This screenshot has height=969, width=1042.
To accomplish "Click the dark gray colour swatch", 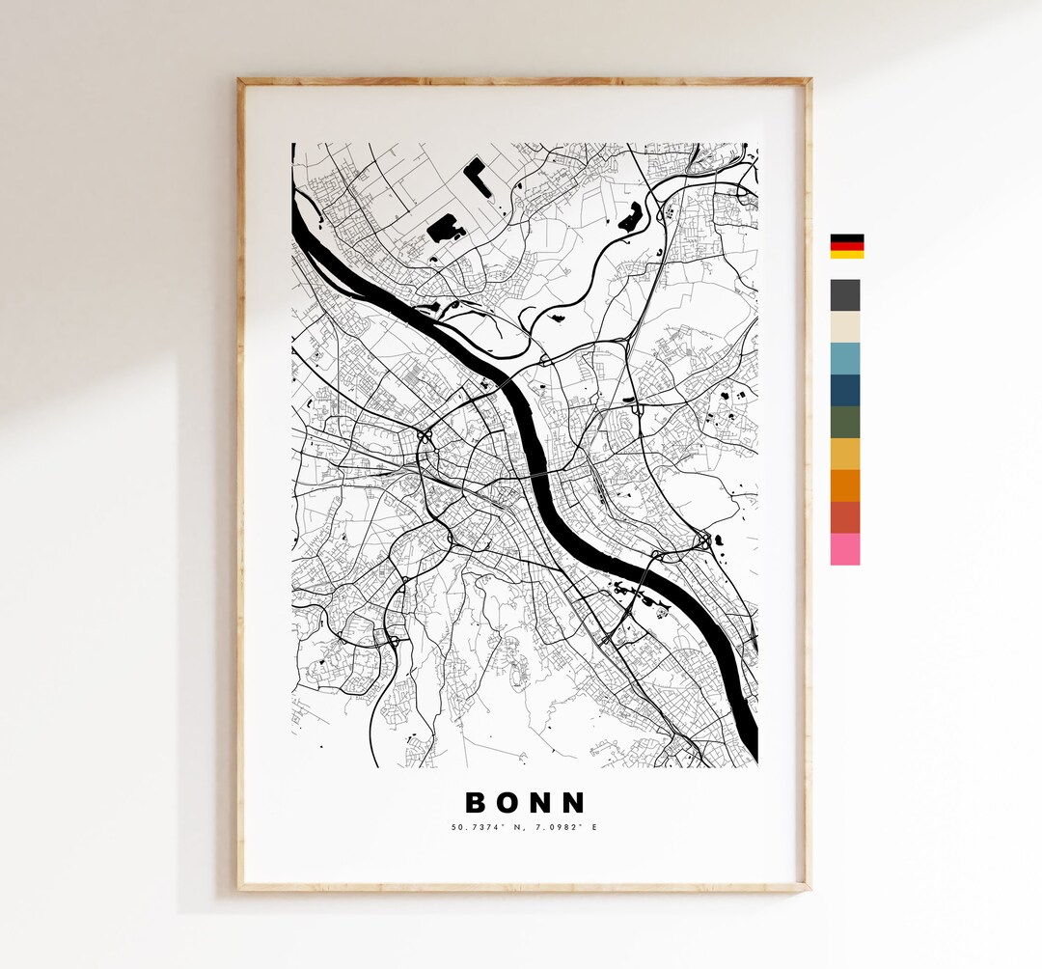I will pos(845,294).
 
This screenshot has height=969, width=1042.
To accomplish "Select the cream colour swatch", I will pos(845,326).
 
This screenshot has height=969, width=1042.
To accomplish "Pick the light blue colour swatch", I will pos(845,358).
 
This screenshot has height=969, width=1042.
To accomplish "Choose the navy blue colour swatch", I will pos(845,390).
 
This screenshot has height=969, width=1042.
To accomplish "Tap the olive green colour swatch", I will pos(845,422).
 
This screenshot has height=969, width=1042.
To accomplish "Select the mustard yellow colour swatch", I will pos(845,454).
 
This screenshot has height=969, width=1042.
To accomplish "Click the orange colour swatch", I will pos(845,485).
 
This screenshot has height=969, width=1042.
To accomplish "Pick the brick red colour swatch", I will pos(845,517).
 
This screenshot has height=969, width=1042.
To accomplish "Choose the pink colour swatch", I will pos(845,549).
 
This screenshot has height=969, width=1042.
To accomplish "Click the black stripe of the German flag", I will pos(847,237).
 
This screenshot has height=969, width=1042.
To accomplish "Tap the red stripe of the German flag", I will pos(847,246).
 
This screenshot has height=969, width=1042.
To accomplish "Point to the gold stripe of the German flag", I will pos(847,255).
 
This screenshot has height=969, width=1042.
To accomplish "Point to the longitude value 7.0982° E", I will pos(561,827).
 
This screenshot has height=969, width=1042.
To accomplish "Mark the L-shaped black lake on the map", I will pos(474,172).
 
